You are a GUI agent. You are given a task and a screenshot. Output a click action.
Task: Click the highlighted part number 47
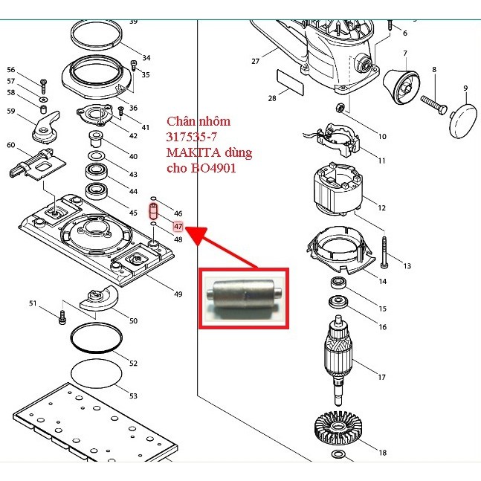pos(178,226)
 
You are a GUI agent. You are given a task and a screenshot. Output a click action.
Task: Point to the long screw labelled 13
pos(384,252)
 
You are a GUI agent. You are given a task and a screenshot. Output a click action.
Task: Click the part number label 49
pos(178,294)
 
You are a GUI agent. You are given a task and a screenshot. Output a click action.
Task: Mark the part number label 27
pos(255,61)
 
